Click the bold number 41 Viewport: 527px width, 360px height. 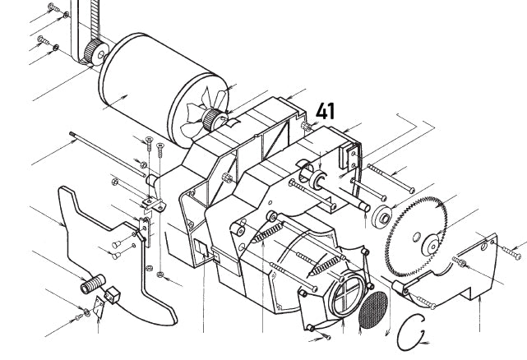click(x=326, y=112)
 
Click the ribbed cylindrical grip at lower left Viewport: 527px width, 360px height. click(x=89, y=286)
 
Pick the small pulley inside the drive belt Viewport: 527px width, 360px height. click(x=98, y=53)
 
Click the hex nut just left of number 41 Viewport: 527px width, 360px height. click(x=307, y=125)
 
